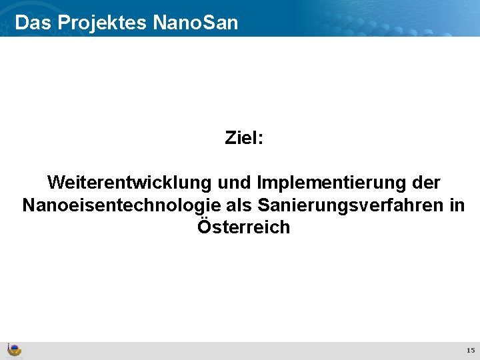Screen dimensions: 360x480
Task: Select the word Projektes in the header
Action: (x=102, y=23)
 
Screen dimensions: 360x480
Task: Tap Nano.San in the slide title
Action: (x=195, y=23)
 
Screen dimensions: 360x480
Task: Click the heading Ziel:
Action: (x=244, y=138)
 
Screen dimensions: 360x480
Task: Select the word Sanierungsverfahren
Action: (x=347, y=205)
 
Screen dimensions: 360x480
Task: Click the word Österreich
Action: (x=244, y=227)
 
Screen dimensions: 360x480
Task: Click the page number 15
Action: (x=470, y=350)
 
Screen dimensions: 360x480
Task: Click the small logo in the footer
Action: (x=13, y=350)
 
